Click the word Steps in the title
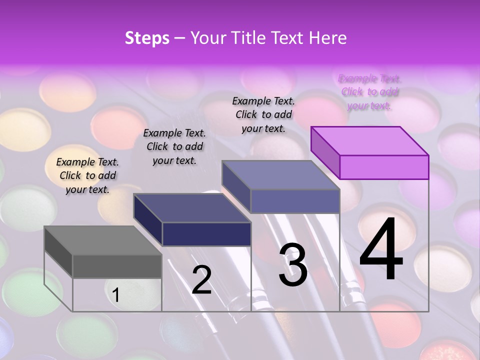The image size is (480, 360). pos(147,38)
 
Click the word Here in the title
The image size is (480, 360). pos(327,38)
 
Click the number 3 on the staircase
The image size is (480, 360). pos(293,265)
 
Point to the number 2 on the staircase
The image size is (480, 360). pos(201,280)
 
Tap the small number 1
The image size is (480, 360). pos(116,295)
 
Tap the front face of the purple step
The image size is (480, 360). pos(384,167)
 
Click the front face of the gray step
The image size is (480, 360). pos(117,266)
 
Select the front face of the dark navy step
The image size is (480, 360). pos(206,234)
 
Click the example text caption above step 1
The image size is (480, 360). pos(87,175)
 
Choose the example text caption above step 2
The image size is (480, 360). pos(174,146)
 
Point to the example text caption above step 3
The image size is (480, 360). pos(263,114)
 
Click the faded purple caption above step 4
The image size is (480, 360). pos(370,92)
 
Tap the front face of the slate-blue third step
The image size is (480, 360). pos(295,201)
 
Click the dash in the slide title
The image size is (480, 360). pos(177,38)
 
